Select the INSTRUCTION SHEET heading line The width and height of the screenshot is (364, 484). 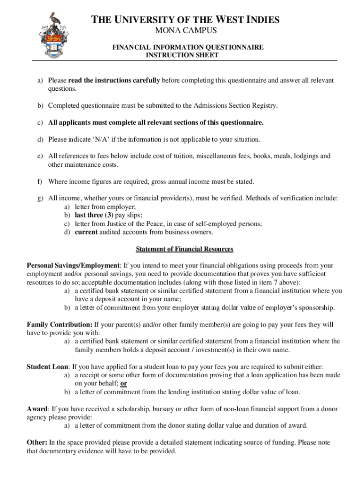click(182, 55)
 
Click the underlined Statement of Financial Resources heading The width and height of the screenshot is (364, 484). click(184, 249)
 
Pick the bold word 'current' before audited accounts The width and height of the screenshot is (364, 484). click(86, 232)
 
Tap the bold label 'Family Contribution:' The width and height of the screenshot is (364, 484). click(60, 325)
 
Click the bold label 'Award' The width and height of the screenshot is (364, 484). click(37, 408)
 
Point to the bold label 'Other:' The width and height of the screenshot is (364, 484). click(37, 442)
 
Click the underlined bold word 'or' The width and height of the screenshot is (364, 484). click(124, 383)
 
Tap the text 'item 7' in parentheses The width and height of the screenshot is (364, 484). click(269, 282)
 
